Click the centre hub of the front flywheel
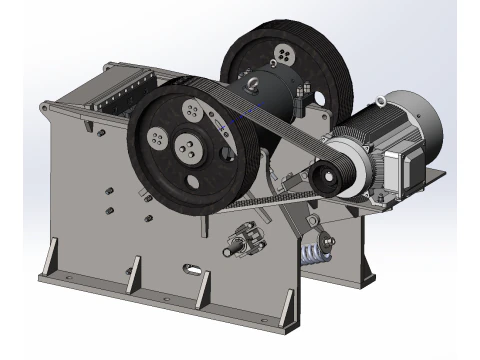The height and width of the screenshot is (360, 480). (186, 150)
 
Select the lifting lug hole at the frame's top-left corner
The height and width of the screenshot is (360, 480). (53, 105)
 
